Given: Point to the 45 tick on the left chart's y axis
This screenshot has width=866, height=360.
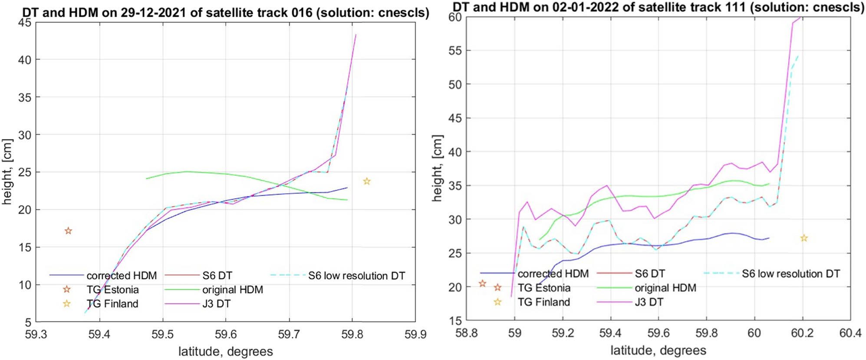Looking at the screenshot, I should (x=24, y=23).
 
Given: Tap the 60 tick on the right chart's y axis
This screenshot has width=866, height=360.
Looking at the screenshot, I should (x=454, y=17).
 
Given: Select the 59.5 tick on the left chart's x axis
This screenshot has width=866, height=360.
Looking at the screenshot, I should (x=163, y=334).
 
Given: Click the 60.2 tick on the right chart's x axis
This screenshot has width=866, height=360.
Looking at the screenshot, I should (x=802, y=333).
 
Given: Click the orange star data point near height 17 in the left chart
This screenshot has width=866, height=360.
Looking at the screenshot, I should (x=68, y=231).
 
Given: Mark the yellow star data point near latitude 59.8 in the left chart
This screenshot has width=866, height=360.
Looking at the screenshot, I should (x=367, y=181).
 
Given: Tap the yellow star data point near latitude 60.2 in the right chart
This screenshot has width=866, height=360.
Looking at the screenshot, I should (x=804, y=238).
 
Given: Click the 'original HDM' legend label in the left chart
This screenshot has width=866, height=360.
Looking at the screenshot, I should (x=232, y=290).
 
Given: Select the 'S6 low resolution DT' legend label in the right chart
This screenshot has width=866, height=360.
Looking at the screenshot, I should (x=790, y=274).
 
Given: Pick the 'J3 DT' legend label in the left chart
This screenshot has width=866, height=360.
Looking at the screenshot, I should (x=216, y=304).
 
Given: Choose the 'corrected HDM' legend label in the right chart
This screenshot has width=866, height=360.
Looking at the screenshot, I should (x=553, y=274).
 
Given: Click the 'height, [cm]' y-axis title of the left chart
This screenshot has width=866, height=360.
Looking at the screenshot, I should (x=7, y=172).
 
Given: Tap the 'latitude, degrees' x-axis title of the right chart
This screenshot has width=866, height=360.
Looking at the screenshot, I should (x=658, y=350).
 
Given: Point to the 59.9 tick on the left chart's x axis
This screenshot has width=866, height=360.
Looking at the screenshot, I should (x=415, y=334).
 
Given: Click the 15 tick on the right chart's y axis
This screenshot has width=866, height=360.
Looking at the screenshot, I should (x=454, y=321).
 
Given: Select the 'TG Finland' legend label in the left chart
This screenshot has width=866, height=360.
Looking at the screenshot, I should (x=112, y=304).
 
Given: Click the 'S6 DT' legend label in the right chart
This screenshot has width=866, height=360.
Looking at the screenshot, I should (x=649, y=274).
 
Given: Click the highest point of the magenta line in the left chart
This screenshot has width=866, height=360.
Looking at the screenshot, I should (x=356, y=35).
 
